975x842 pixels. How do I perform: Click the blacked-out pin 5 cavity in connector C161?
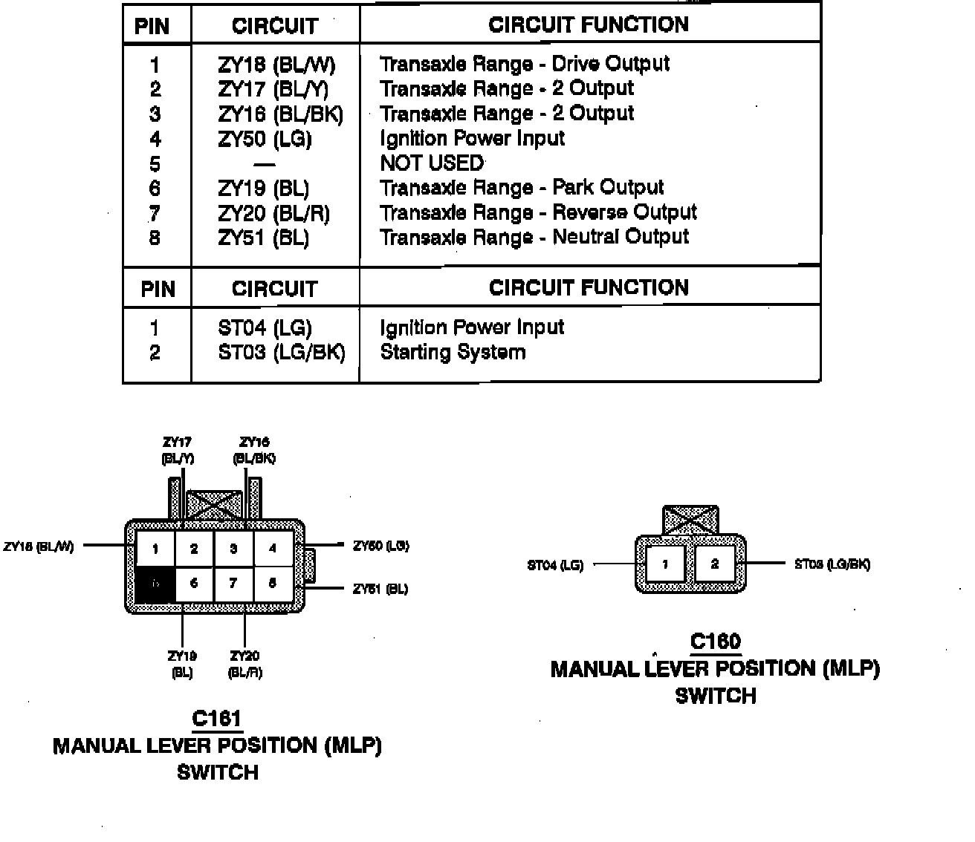click(x=155, y=584)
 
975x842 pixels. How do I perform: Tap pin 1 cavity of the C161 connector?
click(x=155, y=549)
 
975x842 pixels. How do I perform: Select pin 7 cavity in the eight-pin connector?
click(x=233, y=584)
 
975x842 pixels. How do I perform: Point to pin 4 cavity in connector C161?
click(x=273, y=549)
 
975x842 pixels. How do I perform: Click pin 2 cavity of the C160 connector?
click(x=714, y=564)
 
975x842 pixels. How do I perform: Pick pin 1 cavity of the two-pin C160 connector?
click(x=665, y=564)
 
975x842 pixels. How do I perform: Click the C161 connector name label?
click(x=216, y=719)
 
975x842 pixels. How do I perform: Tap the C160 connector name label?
click(x=715, y=642)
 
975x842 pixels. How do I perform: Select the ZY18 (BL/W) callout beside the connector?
click(x=39, y=546)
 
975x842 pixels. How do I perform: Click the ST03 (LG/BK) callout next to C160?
click(x=832, y=564)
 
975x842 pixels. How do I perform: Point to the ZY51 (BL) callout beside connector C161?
click(x=380, y=590)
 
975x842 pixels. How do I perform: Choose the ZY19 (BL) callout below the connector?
click(x=182, y=664)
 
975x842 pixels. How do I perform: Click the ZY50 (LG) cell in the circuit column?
click(x=265, y=140)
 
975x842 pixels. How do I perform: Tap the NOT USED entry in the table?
click(x=432, y=163)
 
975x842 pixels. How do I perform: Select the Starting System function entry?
click(x=453, y=352)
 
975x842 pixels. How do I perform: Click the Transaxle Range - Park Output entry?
click(x=522, y=188)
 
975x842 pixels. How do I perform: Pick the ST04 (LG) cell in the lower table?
click(x=265, y=328)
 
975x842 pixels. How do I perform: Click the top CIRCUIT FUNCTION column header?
click(x=589, y=25)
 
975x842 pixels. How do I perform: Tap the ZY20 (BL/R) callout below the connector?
click(x=244, y=664)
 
